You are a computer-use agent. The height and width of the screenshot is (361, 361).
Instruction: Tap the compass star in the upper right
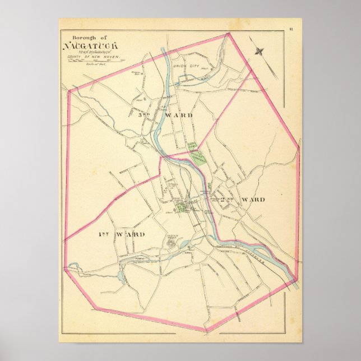(x=259, y=52)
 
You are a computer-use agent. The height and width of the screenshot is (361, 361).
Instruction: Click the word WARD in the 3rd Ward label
(x=179, y=115)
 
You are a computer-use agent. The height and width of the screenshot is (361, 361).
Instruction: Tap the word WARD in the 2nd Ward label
(x=252, y=200)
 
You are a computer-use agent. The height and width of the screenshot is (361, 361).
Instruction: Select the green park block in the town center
(x=183, y=209)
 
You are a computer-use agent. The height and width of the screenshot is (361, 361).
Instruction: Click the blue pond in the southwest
(x=122, y=276)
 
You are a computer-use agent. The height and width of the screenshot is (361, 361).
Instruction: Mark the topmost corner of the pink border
(x=229, y=34)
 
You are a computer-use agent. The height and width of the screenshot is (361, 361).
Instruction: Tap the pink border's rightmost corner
(x=299, y=148)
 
